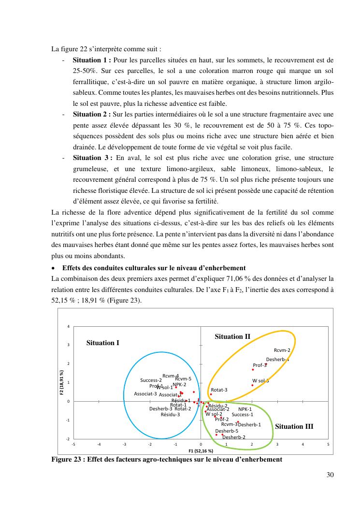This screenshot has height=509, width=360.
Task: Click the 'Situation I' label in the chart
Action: [102, 343]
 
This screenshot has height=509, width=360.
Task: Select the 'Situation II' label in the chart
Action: [232, 336]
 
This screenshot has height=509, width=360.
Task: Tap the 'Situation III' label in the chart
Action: [294, 426]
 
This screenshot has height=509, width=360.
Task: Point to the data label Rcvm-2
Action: [282, 350]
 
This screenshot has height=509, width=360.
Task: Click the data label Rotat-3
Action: [219, 390]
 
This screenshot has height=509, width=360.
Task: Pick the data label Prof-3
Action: [260, 365]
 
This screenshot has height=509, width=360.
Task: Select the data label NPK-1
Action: [245, 409]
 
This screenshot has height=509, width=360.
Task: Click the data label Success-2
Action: [151, 380]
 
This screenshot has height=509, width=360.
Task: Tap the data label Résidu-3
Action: [170, 414]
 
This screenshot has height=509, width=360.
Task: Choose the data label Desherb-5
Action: [227, 431]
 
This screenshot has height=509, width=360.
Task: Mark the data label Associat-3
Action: [145, 394]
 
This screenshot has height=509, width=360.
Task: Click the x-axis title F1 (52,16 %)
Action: [201, 451]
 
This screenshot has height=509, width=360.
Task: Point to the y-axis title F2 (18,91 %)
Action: [62, 382]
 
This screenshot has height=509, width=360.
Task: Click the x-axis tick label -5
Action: [73, 444]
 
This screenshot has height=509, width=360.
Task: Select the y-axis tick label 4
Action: [68, 326]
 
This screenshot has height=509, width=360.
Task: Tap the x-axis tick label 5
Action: [328, 444]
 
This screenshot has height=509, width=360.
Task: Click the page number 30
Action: [330, 475]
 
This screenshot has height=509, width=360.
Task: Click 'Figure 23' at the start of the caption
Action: [67, 459]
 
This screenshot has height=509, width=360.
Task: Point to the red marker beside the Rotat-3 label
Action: [211, 394]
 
